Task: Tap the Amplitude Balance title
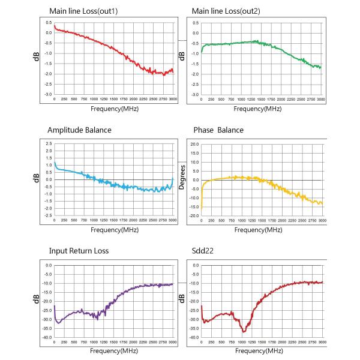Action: tap(79, 130)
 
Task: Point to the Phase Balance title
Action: tap(218, 130)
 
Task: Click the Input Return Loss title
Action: tap(78, 250)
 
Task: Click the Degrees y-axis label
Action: tap(181, 178)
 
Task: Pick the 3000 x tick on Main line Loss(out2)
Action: tap(322, 100)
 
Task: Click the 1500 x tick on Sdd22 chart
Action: tap(261, 341)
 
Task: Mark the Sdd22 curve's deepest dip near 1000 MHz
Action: tap(243, 331)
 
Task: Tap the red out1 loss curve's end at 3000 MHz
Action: tap(173, 71)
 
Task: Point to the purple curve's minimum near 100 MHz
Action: tap(58, 323)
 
